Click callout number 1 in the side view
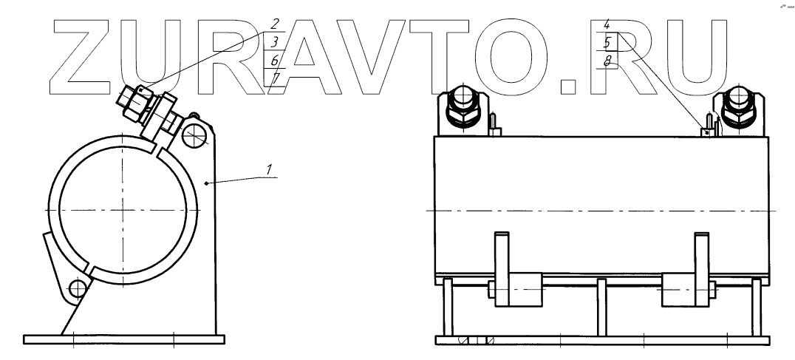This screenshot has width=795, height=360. pyautogui.click(x=271, y=169)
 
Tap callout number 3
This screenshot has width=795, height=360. pyautogui.click(x=274, y=41)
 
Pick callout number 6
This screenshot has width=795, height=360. pyautogui.click(x=274, y=60)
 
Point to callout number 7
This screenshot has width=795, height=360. pyautogui.click(x=274, y=77)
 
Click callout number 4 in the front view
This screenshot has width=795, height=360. pyautogui.click(x=607, y=24)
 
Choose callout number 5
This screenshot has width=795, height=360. pyautogui.click(x=607, y=43)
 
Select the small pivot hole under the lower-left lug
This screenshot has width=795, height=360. pyautogui.click(x=77, y=288)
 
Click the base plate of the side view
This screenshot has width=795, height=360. pyautogui.click(x=123, y=339)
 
